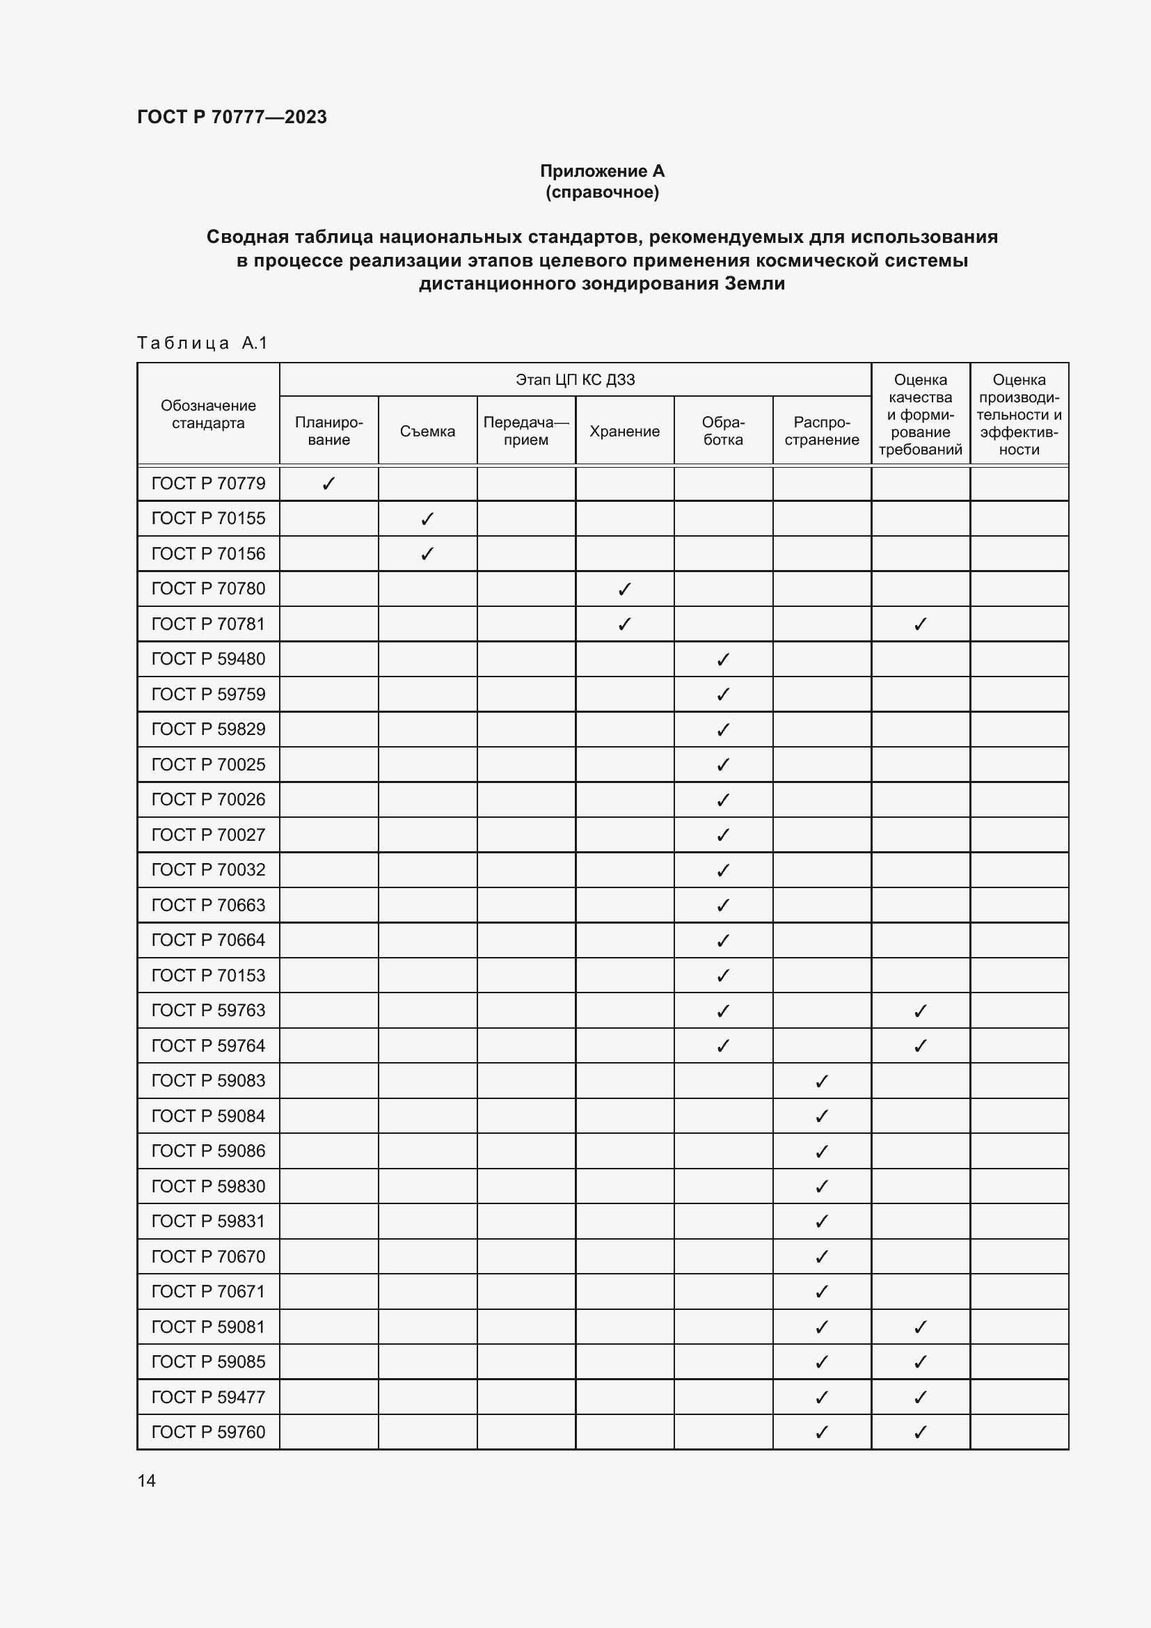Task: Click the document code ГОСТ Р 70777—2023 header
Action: (232, 117)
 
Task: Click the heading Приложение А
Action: (602, 171)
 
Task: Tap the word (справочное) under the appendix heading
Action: (602, 192)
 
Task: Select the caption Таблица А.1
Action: (202, 343)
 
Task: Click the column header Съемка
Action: (427, 431)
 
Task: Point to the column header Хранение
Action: (624, 431)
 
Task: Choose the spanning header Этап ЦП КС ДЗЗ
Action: (575, 379)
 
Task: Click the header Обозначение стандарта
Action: (207, 414)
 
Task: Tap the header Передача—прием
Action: (526, 430)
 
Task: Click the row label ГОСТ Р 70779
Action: (207, 484)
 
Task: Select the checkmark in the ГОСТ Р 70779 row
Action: (329, 484)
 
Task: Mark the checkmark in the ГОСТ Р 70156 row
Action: (427, 554)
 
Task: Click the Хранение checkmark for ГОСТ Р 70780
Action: (624, 590)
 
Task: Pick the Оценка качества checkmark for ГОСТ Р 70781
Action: (920, 624)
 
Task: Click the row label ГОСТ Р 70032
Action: (207, 869)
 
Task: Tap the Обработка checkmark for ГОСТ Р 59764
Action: (723, 1046)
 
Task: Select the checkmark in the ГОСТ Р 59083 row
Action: (821, 1082)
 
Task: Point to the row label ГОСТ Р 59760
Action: (207, 1432)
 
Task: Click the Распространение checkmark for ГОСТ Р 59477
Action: (821, 1397)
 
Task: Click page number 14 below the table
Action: (147, 1480)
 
